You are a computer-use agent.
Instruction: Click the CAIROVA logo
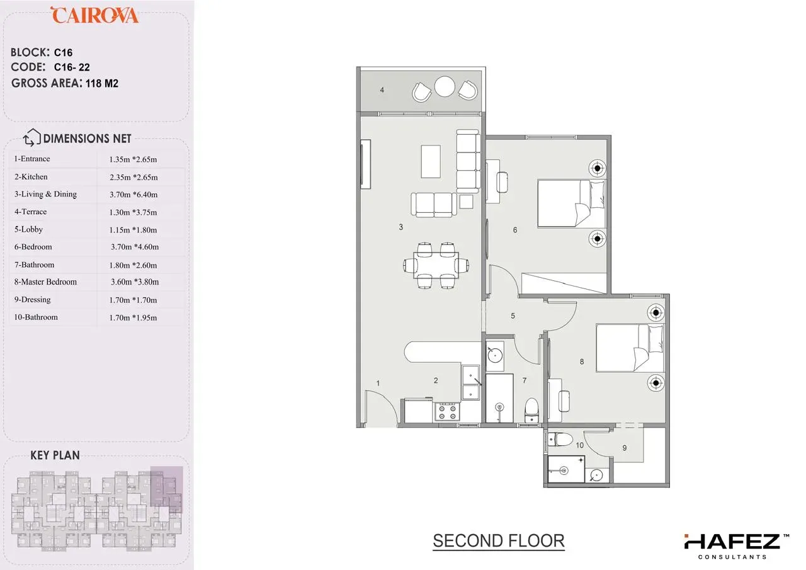[94, 15]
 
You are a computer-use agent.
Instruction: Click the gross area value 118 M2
[102, 84]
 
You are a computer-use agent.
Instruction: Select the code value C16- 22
[72, 67]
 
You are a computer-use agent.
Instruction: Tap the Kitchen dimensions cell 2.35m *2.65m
[133, 178]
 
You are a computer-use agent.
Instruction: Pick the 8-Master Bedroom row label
[45, 282]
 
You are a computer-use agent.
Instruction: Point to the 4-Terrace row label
[30, 212]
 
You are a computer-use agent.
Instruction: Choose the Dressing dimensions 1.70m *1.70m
[133, 300]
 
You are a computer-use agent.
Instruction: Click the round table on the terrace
[445, 86]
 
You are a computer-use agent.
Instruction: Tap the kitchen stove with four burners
[447, 412]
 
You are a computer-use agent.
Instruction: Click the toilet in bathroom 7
[531, 410]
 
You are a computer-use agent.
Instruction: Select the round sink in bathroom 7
[495, 356]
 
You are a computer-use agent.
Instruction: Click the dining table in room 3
[436, 265]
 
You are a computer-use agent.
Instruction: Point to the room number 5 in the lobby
[513, 316]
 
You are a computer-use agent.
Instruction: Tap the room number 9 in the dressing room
[624, 448]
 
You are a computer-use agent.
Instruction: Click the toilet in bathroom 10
[560, 440]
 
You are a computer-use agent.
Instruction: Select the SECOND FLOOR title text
[498, 541]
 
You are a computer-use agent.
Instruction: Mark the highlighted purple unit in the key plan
[166, 489]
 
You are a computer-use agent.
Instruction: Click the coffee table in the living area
[431, 161]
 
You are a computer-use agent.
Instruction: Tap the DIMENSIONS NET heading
[87, 139]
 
